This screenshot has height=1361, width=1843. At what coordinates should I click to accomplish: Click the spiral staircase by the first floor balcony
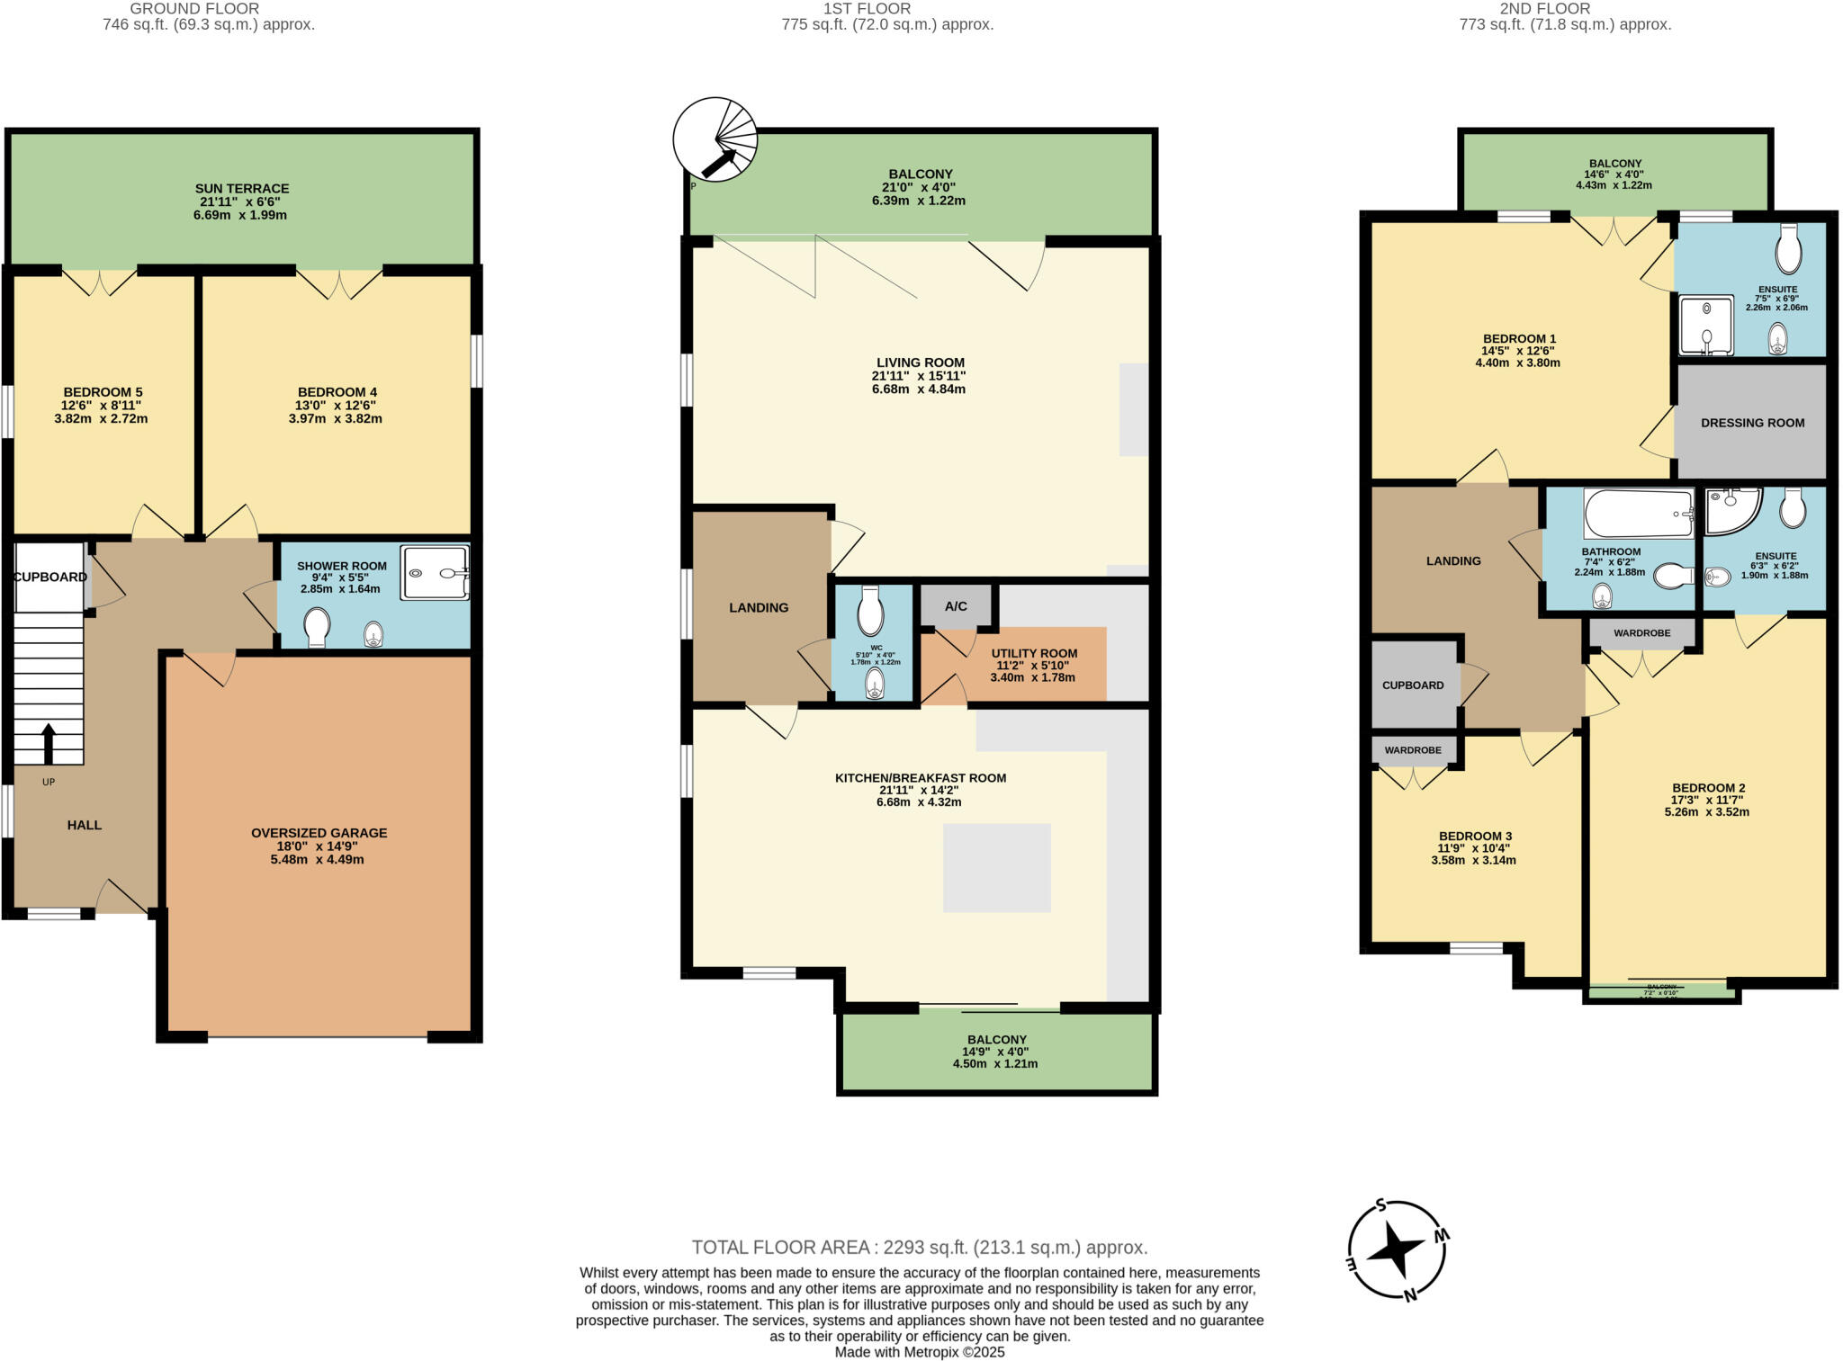pos(715,140)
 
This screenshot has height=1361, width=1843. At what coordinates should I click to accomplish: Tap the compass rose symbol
pos(1398,1250)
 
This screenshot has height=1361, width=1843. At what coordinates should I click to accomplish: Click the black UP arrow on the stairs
pos(49,743)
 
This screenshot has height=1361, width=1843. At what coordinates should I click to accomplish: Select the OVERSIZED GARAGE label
pos(319,833)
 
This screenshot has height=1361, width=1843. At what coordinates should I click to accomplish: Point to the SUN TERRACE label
pos(242,189)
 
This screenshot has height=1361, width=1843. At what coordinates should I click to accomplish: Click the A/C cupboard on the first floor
pos(956,606)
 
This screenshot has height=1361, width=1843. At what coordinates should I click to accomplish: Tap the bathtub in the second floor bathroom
pos(1638,513)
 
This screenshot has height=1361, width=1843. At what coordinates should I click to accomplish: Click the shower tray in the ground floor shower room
pos(435,572)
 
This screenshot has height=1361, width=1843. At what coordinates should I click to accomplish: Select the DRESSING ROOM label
pos(1752,423)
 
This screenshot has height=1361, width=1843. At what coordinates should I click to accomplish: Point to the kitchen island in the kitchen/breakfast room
pos(996,868)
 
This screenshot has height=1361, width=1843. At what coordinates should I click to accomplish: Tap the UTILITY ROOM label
pos(1034,654)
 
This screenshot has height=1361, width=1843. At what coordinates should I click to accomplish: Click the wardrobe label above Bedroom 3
pos(1413,750)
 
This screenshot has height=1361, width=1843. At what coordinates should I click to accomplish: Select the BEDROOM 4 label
pos(337,392)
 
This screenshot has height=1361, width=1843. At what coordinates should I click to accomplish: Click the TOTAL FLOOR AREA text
pos(919,1248)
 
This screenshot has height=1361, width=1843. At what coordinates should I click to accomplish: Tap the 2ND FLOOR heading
pos(1545,9)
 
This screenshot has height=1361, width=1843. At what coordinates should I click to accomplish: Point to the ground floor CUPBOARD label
pos(50,578)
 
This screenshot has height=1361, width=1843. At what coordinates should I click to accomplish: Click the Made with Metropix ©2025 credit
pos(919,1352)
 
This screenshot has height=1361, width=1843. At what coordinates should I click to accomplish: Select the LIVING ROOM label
pos(919,363)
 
